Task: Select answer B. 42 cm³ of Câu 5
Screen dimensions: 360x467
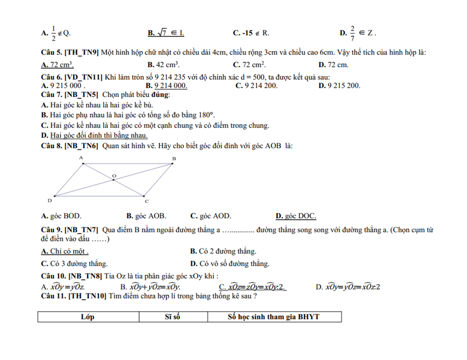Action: point(163,65)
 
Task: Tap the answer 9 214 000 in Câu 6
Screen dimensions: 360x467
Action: point(166,85)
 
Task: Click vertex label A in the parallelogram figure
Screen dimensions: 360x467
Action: point(81,158)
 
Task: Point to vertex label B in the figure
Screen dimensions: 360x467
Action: point(174,159)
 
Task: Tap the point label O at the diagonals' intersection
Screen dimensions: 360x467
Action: point(114,175)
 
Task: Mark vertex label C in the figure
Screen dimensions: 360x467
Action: point(146,201)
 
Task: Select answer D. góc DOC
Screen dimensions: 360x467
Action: point(296,216)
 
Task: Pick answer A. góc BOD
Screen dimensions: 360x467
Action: point(61,216)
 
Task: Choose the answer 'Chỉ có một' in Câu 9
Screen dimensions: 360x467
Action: point(65,251)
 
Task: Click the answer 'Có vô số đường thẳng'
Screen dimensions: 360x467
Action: point(229,263)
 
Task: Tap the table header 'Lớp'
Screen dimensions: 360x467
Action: point(88,317)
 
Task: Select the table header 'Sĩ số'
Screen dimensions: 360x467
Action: point(172,317)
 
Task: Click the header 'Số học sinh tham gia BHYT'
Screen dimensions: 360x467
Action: point(274,317)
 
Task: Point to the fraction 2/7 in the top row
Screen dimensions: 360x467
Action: point(352,33)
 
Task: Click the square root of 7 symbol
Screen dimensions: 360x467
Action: point(162,33)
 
